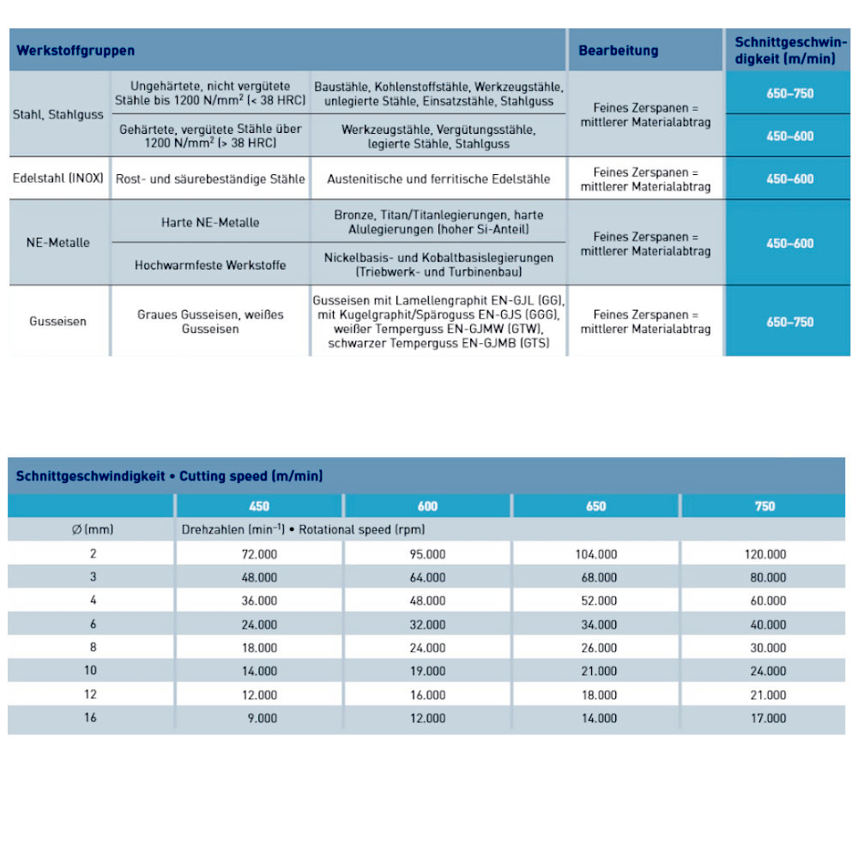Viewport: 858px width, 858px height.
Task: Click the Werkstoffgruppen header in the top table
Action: [76, 51]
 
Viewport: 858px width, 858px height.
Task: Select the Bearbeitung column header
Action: [618, 51]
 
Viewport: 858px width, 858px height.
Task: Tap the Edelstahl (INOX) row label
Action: [58, 178]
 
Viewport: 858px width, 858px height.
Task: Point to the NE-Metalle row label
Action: [58, 243]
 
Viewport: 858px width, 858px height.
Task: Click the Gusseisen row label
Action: [58, 322]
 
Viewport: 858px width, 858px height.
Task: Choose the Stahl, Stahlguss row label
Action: [58, 114]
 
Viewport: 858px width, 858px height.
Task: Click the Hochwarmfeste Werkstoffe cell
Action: [210, 265]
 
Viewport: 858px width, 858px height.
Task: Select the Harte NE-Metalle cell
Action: [210, 222]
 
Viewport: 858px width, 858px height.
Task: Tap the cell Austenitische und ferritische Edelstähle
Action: [438, 179]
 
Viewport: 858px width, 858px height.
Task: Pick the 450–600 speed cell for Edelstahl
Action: [789, 179]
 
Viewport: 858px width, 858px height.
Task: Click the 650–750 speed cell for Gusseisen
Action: [789, 322]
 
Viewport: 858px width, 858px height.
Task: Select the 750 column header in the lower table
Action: [764, 506]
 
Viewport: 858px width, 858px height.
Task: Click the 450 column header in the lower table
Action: [259, 506]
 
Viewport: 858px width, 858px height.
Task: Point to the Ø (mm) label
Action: [93, 529]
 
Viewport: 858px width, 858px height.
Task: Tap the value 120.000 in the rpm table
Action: [764, 554]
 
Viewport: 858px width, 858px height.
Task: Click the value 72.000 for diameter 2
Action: [259, 554]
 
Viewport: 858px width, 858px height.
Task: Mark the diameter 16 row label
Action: [91, 717]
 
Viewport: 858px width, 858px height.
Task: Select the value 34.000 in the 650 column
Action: [598, 625]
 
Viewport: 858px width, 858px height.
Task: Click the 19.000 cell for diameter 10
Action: [428, 671]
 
